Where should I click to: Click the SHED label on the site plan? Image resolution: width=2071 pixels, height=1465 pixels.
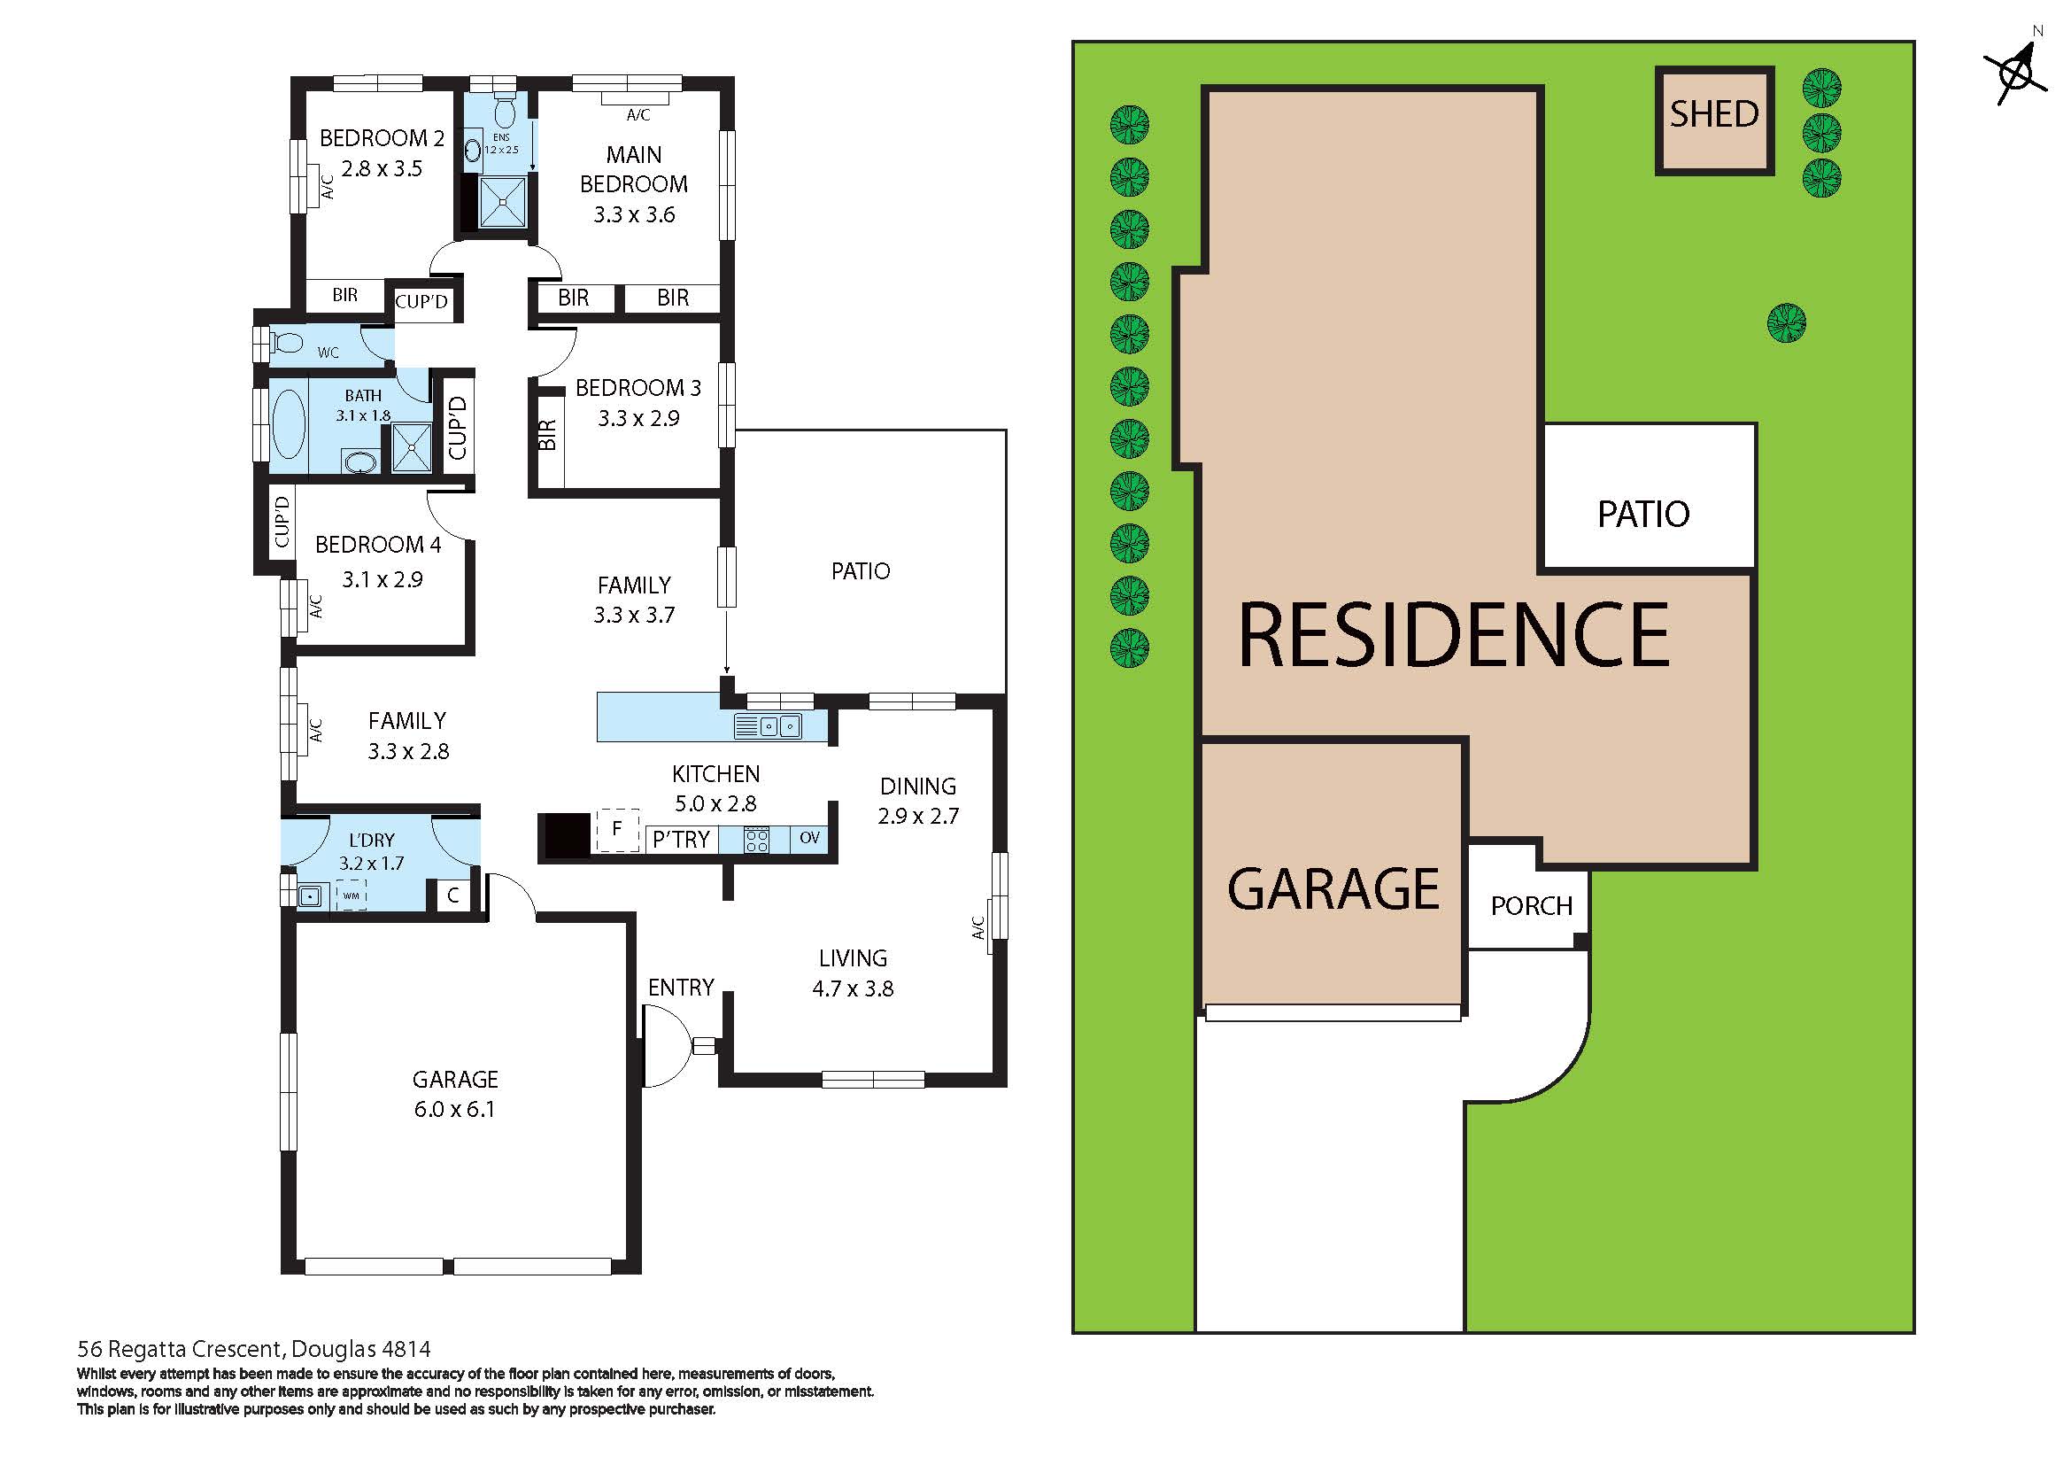coord(1714,114)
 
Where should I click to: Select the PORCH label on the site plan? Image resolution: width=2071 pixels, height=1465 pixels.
coord(1531,905)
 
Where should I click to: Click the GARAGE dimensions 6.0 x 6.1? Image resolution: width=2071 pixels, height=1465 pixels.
coord(454,1109)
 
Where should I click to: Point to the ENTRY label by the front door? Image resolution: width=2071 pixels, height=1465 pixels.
coord(681,987)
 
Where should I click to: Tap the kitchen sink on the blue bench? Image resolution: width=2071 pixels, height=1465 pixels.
coord(779,725)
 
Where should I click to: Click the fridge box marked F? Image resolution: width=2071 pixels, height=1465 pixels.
coord(617,829)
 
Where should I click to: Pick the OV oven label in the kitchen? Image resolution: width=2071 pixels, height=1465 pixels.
coord(809,838)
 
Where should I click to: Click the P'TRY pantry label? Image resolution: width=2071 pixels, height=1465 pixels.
coord(681,840)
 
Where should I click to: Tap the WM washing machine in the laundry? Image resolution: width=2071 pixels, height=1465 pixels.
coord(351,895)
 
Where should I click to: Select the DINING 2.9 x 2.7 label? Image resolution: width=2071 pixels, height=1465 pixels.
coord(917,800)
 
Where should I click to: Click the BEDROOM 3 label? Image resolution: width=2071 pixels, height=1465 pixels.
coord(638,388)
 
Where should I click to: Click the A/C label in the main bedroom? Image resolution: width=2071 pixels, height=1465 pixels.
coord(638,114)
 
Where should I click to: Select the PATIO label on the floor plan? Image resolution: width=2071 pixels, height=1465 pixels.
coord(860,570)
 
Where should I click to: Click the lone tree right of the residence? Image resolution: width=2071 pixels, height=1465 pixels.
coord(1786,323)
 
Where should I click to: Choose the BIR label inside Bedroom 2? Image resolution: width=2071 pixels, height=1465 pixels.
coord(344,295)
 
